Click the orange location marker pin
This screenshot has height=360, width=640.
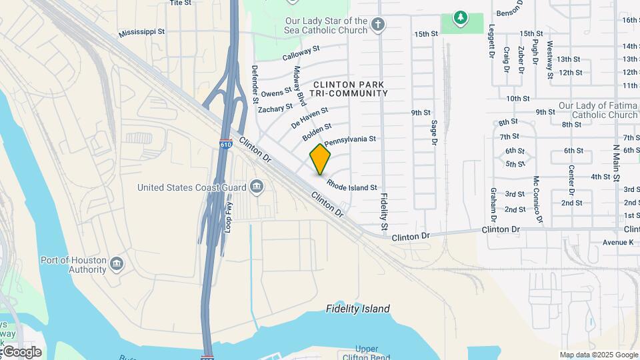coord(321,159)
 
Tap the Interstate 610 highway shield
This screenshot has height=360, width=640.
coord(226,143)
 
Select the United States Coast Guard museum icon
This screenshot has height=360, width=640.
coord(257,187)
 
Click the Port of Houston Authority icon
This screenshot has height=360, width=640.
coord(117,265)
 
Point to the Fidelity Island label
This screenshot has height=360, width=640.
coord(358,309)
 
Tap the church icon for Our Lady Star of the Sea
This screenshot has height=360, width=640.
coord(378,25)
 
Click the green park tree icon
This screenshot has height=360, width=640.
coord(459,16)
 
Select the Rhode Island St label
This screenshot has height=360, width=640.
coord(352,183)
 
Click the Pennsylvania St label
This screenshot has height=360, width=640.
coord(351,141)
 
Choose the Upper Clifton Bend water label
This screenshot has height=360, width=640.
coord(367,353)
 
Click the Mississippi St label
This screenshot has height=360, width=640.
coord(141,32)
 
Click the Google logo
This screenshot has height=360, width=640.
coord(21,352)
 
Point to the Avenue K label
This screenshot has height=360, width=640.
coord(618,242)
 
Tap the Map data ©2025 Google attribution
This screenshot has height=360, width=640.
coord(598,355)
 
